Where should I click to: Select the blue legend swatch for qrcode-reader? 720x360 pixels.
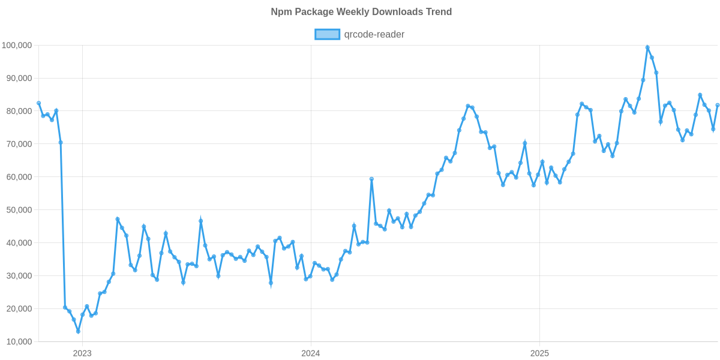[x=327, y=35]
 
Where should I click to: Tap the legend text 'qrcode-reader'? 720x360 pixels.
[x=374, y=35]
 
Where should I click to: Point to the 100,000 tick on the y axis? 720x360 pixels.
[x=17, y=46]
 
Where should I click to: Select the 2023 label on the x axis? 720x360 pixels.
[x=82, y=353]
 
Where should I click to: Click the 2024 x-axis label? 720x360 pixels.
[x=311, y=353]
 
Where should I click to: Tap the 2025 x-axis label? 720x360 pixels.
[x=539, y=353]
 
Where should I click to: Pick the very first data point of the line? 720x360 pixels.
[x=39, y=103]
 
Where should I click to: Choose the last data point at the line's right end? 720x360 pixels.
[x=718, y=105]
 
